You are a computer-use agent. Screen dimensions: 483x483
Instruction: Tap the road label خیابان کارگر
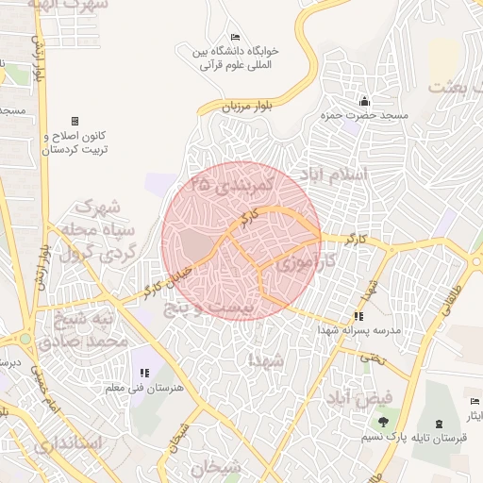(x=166, y=280)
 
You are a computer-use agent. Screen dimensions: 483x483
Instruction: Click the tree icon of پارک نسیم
(x=383, y=422)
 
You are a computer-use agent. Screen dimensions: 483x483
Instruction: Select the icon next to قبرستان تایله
(x=440, y=422)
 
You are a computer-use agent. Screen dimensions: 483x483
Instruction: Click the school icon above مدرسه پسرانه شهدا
(x=358, y=316)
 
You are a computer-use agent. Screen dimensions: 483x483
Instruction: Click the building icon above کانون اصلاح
(x=75, y=121)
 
